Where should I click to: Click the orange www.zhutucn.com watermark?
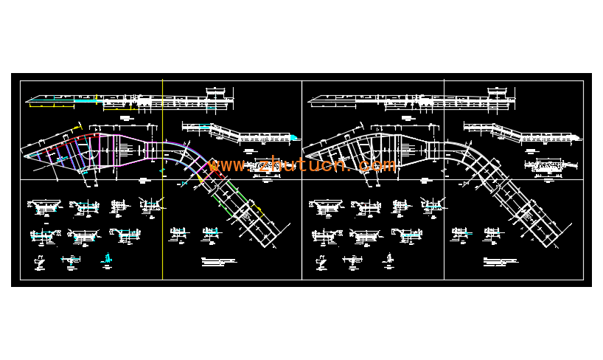(302, 165)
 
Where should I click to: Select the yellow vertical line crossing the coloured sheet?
(162, 221)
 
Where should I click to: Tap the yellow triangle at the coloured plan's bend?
(200, 178)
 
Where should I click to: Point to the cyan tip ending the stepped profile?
(293, 137)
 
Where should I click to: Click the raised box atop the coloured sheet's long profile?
(216, 91)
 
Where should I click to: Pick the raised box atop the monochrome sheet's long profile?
(498, 91)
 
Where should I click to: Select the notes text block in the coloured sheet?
(219, 261)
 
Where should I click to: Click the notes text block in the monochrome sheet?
(501, 261)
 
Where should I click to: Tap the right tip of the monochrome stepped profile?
(577, 137)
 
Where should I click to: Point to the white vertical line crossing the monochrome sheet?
(444, 221)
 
